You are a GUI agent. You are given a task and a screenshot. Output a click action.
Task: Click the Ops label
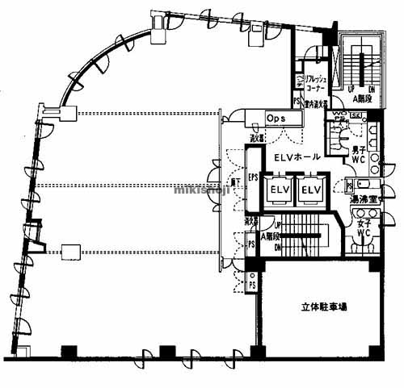coord(274,118)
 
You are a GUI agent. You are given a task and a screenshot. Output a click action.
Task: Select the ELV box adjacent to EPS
coord(279,190)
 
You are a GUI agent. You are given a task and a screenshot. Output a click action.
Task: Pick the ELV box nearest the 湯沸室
coord(310,190)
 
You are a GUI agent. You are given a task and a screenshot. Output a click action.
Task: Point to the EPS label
coord(253,178)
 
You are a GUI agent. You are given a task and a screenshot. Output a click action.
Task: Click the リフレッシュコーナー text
coord(314,83)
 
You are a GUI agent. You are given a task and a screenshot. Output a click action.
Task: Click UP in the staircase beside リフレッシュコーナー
coord(351,88)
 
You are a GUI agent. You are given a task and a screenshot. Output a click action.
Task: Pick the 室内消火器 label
coord(314,104)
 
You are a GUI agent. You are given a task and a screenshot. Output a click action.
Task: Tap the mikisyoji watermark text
coord(202,191)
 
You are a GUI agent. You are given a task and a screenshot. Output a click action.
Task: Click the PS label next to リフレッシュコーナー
coord(297,102)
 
